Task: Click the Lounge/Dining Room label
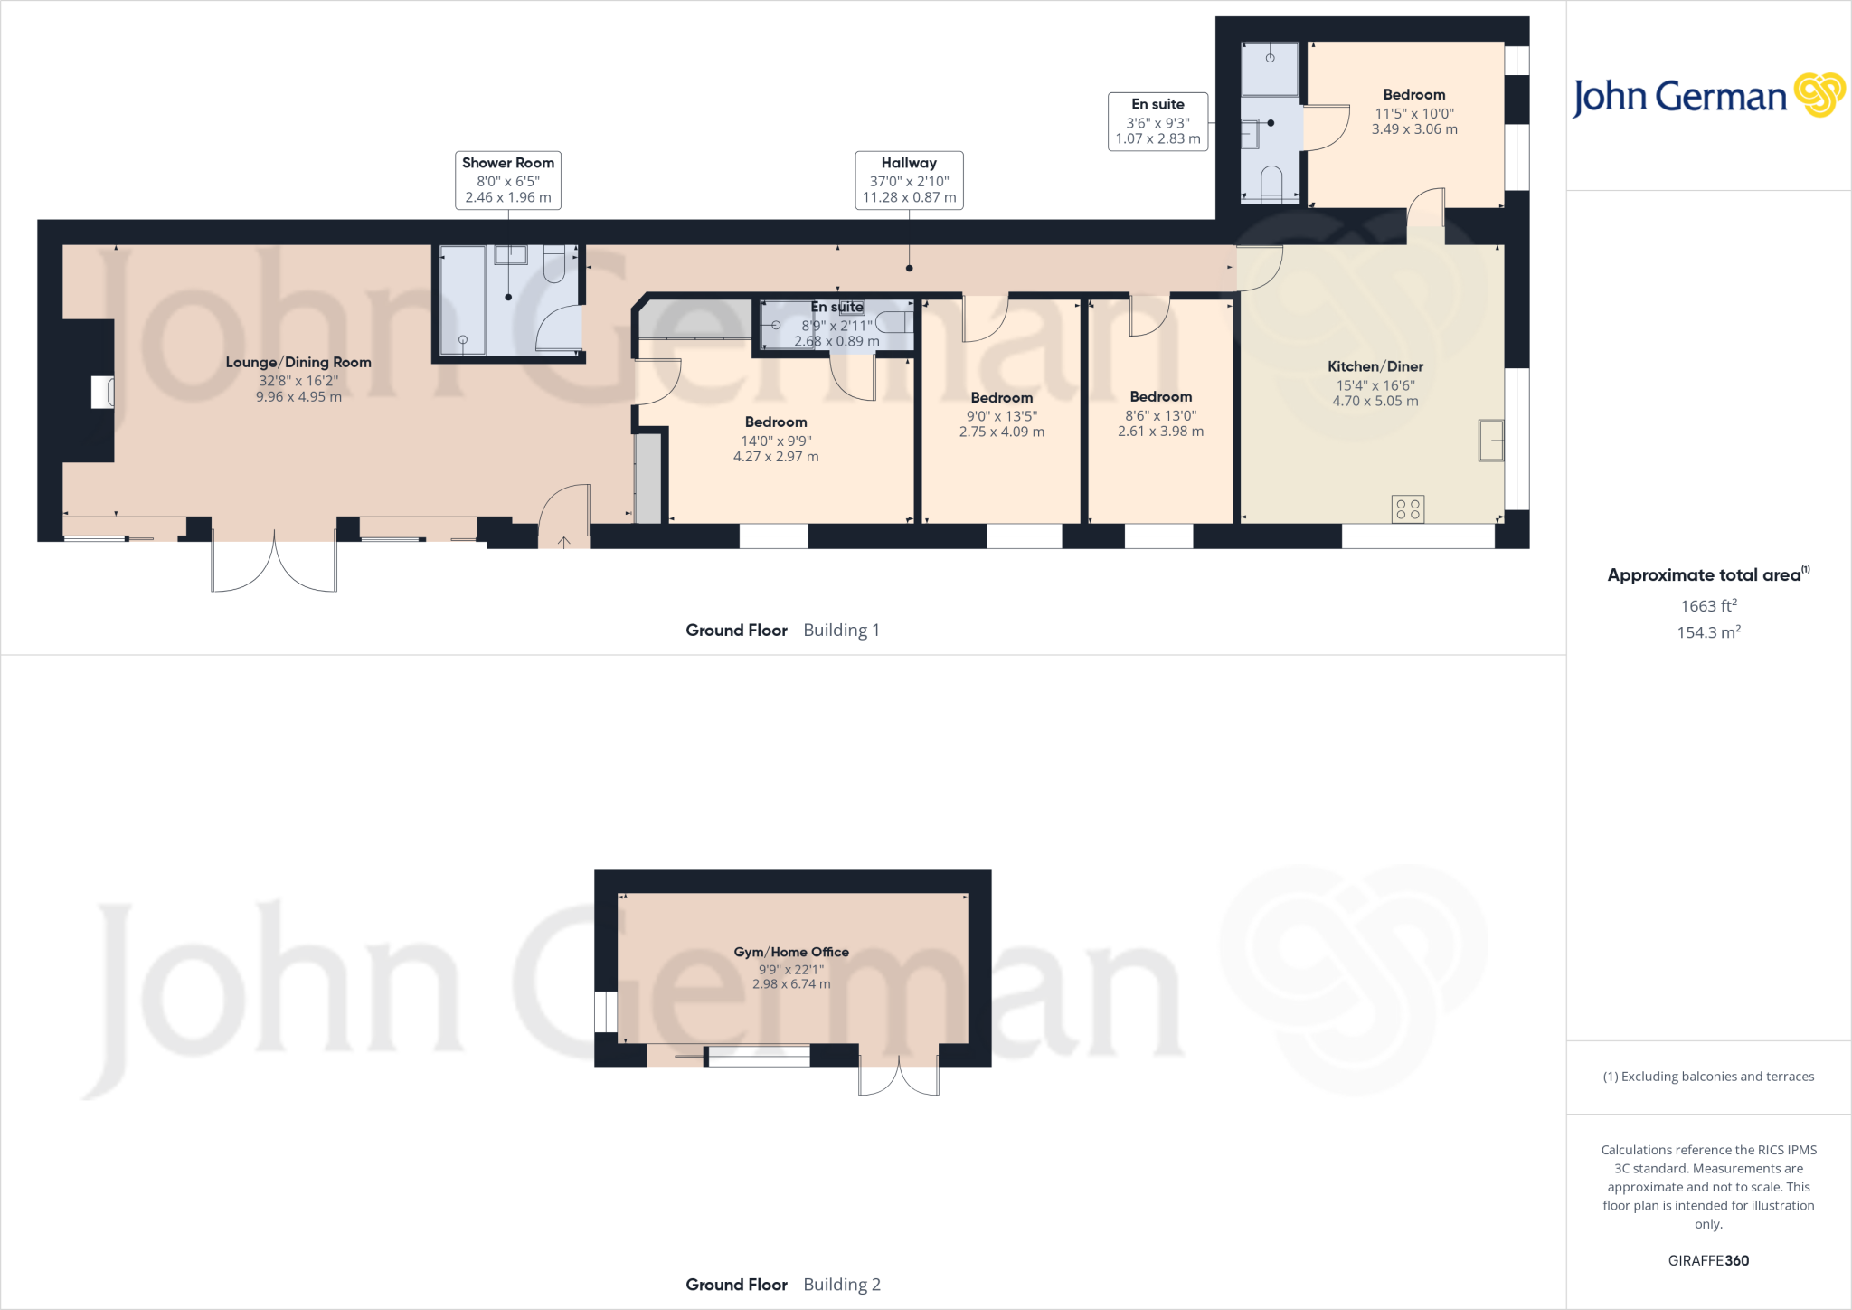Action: click(298, 362)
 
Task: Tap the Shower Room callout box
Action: click(508, 180)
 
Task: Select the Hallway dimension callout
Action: click(909, 180)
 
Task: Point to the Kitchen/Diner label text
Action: click(1375, 366)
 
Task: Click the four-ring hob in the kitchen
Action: click(1408, 508)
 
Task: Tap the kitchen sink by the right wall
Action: click(1491, 441)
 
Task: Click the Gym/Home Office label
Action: click(791, 952)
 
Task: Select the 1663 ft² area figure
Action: click(1708, 605)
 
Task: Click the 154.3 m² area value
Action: click(1708, 631)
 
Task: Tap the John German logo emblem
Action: click(1819, 95)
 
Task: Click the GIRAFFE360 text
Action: click(1708, 1260)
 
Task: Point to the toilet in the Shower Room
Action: click(554, 263)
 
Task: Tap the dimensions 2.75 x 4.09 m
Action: click(1002, 432)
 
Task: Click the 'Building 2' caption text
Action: click(842, 1284)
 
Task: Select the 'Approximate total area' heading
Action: click(1705, 574)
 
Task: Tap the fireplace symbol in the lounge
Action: click(102, 393)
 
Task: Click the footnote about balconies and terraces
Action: click(1708, 1076)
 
